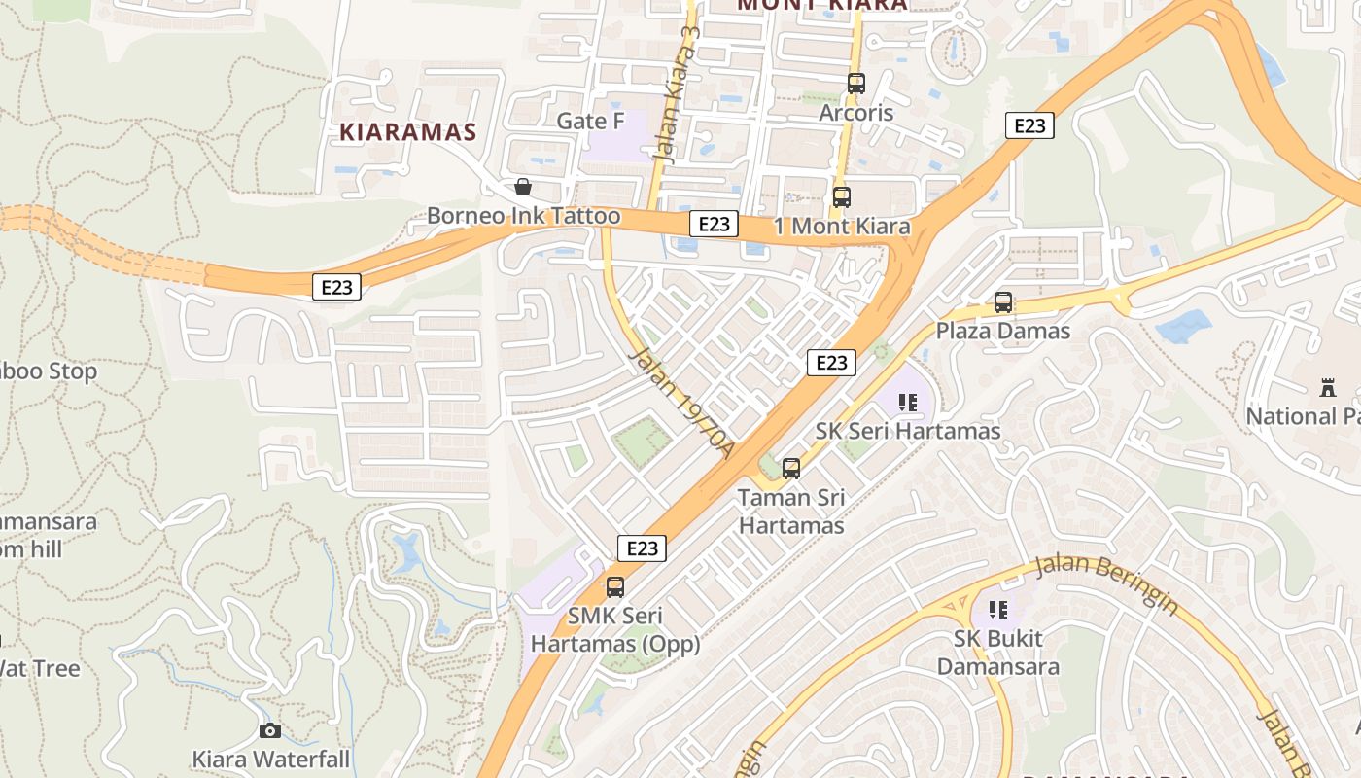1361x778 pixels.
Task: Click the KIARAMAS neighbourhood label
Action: [408, 132]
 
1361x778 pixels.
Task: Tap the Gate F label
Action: [590, 121]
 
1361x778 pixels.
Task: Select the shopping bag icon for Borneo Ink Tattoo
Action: [523, 186]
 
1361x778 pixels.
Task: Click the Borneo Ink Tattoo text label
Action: [524, 215]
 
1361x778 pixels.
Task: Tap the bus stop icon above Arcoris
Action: [855, 84]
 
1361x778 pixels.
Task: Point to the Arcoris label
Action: [855, 113]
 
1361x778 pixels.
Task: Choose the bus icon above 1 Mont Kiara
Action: [842, 196]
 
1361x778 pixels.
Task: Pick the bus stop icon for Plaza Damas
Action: [1003, 302]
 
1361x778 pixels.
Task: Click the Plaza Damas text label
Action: [1003, 331]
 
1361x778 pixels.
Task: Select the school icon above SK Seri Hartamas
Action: [909, 403]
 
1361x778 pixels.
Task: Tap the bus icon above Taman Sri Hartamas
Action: [791, 469]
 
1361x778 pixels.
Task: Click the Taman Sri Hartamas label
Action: [791, 512]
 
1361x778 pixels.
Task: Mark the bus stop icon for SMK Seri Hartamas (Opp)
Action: [615, 587]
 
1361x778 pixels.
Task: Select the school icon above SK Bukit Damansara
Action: [997, 610]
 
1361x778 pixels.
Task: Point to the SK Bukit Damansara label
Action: [997, 653]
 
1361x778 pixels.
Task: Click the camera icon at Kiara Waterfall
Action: [270, 730]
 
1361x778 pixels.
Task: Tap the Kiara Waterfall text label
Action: [270, 759]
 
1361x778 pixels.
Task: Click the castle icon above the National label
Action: [1328, 388]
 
